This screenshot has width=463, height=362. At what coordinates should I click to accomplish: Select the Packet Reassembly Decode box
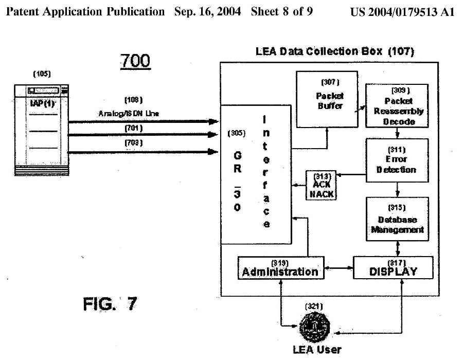point(396,106)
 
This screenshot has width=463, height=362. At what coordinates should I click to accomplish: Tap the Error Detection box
point(396,160)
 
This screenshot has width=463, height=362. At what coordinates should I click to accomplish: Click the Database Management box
point(397,219)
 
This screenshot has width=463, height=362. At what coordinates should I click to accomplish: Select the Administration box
point(281,267)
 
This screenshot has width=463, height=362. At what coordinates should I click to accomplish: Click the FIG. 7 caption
point(110,304)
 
